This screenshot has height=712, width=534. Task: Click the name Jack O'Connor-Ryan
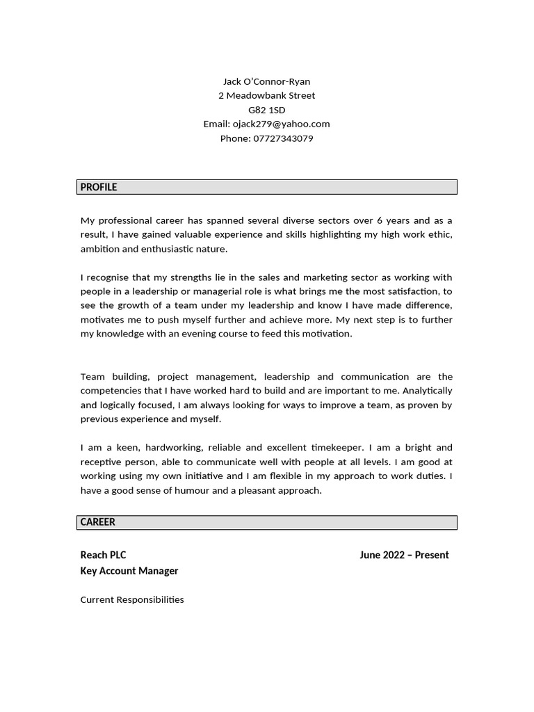coord(266,81)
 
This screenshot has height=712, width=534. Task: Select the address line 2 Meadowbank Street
coord(266,95)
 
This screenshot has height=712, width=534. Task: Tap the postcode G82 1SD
coord(266,110)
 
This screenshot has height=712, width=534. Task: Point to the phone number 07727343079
coord(283,138)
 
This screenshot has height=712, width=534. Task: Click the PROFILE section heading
coord(99,187)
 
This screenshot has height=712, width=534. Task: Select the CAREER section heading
coord(98,522)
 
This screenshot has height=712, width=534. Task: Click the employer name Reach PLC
coord(103,555)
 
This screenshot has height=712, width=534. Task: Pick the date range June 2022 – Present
coord(404,555)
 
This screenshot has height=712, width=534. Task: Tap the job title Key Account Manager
coord(129,571)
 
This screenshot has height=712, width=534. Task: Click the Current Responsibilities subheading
coord(132,599)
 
